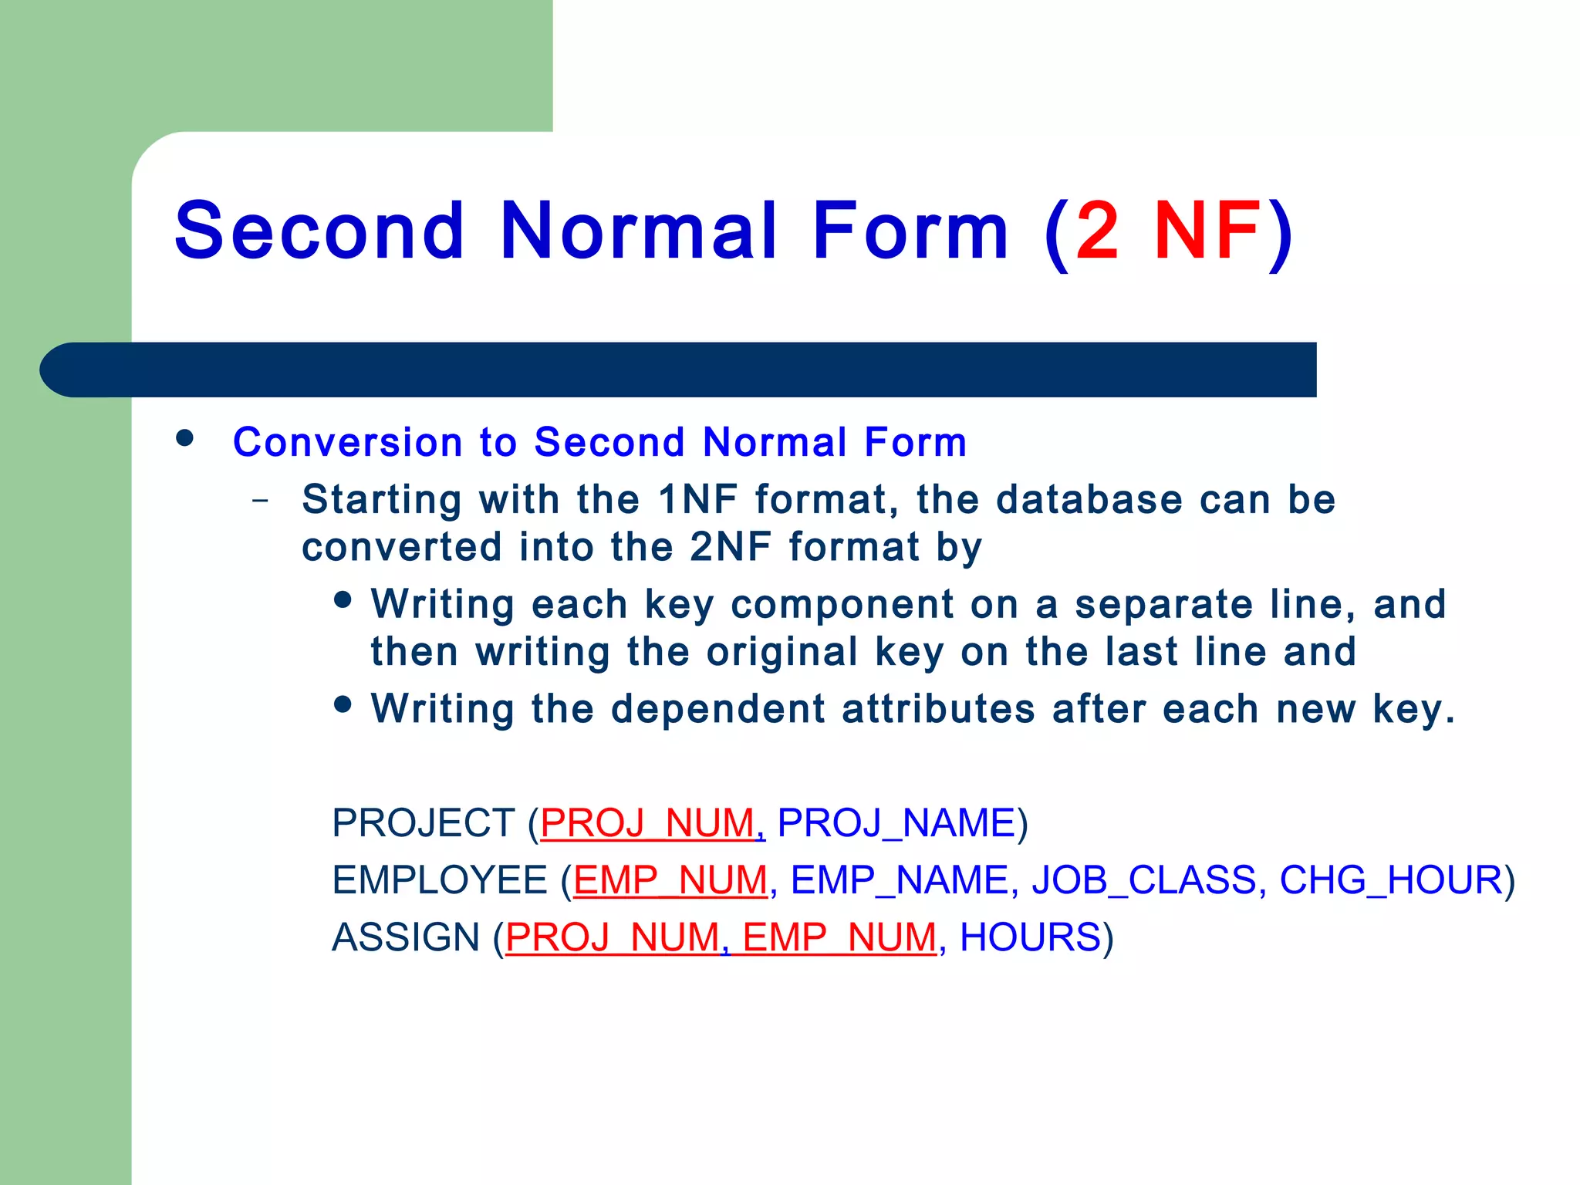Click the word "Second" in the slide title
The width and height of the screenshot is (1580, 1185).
[x=320, y=231]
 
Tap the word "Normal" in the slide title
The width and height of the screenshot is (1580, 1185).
[x=640, y=231]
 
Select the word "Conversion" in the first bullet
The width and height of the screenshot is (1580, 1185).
[x=347, y=443]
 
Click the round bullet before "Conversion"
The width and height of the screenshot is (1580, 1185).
[x=185, y=438]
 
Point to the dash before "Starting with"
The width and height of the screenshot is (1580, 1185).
[x=261, y=501]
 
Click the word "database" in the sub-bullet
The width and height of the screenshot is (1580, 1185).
[x=1089, y=499]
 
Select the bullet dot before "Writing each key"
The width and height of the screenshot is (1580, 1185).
[x=343, y=599]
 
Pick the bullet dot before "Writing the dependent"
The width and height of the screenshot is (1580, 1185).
[x=343, y=704]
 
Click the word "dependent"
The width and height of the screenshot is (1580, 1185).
[x=717, y=709]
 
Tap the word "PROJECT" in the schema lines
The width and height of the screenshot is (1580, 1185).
[x=423, y=823]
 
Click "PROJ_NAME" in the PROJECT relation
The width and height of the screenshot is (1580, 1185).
[x=896, y=823]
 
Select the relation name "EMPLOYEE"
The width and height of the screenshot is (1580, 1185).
[x=440, y=880]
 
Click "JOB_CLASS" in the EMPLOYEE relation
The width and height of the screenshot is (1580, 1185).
[x=1144, y=880]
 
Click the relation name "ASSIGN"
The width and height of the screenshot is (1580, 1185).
[x=406, y=938]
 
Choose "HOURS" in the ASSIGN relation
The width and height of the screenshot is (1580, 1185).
[x=1029, y=938]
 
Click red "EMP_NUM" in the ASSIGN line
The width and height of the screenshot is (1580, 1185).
[x=839, y=938]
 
